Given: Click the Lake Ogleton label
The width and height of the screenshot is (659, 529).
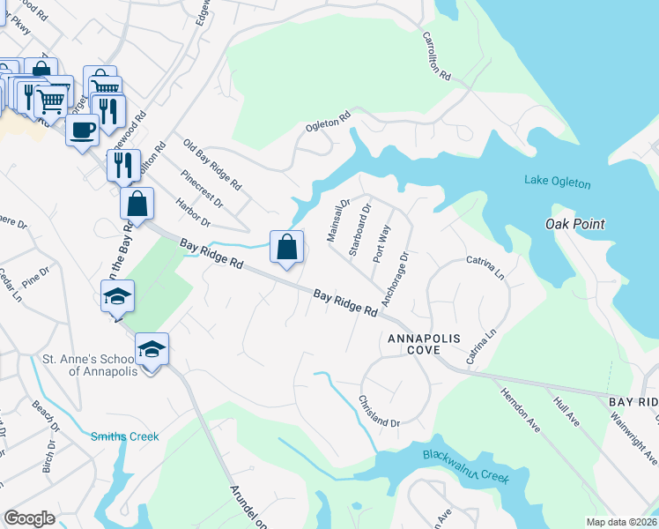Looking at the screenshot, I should click(x=557, y=183).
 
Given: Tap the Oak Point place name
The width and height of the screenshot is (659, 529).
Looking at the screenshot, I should click(x=574, y=224).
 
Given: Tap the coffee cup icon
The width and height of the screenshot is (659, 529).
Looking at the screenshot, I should click(x=83, y=130).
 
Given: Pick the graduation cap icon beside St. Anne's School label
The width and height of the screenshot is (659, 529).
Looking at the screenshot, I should click(x=152, y=350).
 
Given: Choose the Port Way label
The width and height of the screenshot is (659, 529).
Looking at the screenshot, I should click(x=381, y=242).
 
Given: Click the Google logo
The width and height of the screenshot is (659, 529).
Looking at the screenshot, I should click(x=29, y=518).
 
